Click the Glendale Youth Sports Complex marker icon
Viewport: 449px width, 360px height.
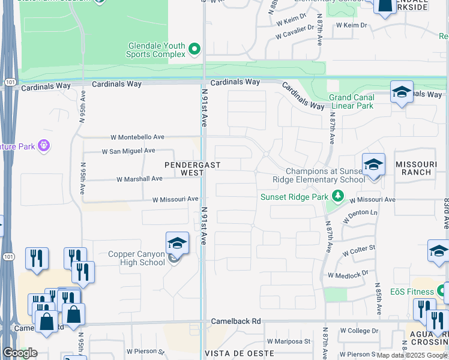[x=194, y=49]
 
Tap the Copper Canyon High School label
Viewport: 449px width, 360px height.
[x=136, y=258]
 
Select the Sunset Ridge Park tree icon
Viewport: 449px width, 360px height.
[x=339, y=196]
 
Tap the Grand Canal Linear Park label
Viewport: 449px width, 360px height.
[x=351, y=101]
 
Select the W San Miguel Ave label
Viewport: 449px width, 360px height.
[x=128, y=151]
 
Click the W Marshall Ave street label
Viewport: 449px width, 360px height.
[x=139, y=179]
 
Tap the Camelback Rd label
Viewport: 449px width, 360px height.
[x=236, y=322]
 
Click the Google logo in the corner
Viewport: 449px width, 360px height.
[x=20, y=353]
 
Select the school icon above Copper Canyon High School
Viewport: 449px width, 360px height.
[x=177, y=244]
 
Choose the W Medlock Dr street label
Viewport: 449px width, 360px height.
[x=348, y=275]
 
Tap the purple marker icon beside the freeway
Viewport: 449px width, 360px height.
[x=43, y=145]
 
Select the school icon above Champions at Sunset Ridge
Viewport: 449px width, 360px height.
[x=373, y=164]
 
